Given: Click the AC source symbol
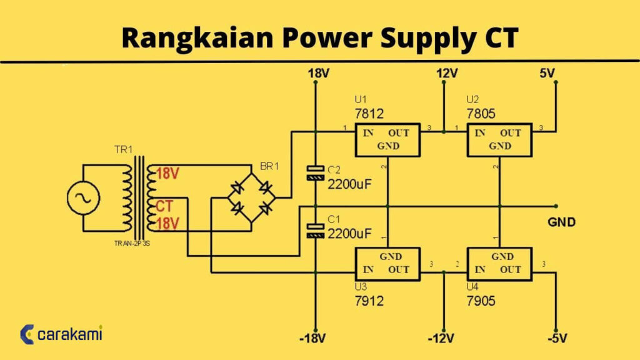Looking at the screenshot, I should (83, 199).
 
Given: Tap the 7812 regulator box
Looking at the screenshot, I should (387, 140).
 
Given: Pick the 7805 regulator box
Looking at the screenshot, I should (499, 140).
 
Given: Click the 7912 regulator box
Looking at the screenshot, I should (387, 263).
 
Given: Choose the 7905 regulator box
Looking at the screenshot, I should (499, 263).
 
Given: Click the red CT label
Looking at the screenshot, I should (164, 206).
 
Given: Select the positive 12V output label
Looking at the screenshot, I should (447, 74).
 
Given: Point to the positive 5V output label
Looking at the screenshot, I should (547, 74).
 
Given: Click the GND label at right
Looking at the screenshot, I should (561, 222).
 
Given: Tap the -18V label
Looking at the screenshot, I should (312, 339).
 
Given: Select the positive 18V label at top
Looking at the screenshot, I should (318, 74).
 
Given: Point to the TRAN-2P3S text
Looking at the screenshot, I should (132, 243).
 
